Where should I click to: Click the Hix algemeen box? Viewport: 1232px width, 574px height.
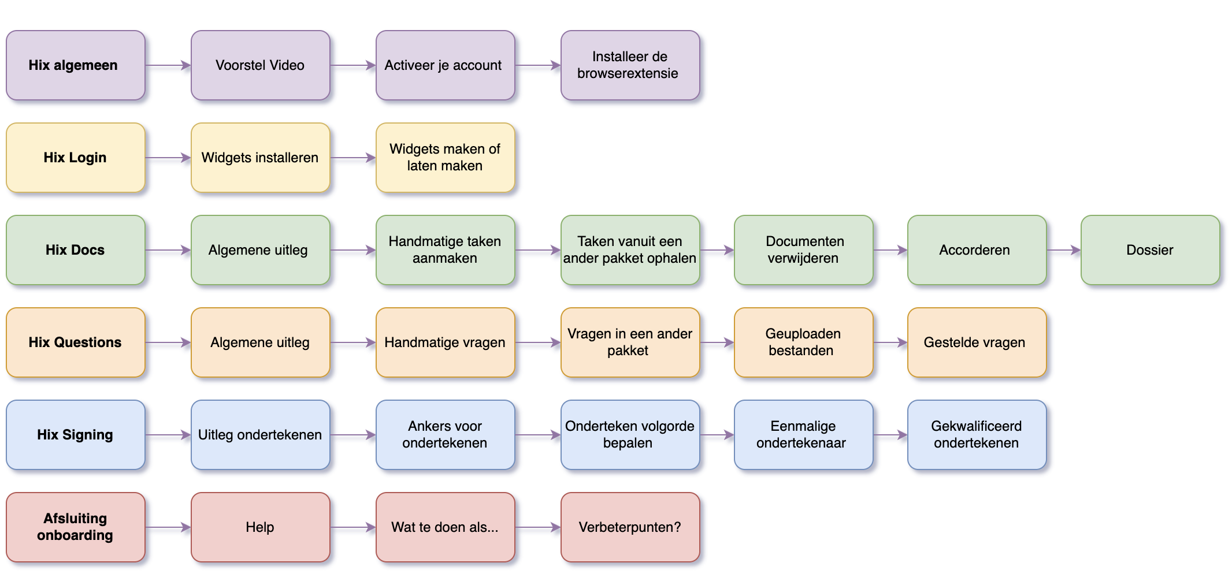point(75,65)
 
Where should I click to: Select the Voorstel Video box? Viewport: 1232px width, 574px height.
point(260,65)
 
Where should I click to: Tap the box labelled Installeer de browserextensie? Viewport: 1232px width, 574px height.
point(630,65)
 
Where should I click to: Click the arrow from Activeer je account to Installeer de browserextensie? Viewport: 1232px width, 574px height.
point(537,65)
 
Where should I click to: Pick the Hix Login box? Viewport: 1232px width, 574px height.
point(75,158)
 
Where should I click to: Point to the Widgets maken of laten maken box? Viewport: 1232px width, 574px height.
point(445,158)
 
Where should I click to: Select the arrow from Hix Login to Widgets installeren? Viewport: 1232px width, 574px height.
point(168,158)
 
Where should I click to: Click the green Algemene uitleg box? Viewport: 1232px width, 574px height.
point(260,250)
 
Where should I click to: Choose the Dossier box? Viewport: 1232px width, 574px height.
point(1150,250)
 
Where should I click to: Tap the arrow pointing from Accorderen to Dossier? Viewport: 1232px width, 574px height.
point(1063,250)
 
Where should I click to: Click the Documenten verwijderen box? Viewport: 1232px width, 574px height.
point(803,250)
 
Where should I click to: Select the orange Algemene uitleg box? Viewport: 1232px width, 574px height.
point(260,342)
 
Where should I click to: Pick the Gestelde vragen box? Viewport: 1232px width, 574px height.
point(977,342)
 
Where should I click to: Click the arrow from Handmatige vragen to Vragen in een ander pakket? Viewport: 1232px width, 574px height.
point(537,342)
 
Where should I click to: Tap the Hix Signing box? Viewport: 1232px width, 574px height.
point(75,435)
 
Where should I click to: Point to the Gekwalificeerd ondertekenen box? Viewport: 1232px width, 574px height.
point(977,435)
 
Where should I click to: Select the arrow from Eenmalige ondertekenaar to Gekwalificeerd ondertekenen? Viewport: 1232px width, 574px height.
point(890,435)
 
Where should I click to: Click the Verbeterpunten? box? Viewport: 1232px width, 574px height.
point(630,527)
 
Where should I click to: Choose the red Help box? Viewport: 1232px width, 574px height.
point(260,527)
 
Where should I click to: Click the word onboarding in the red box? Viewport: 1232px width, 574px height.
point(75,535)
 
